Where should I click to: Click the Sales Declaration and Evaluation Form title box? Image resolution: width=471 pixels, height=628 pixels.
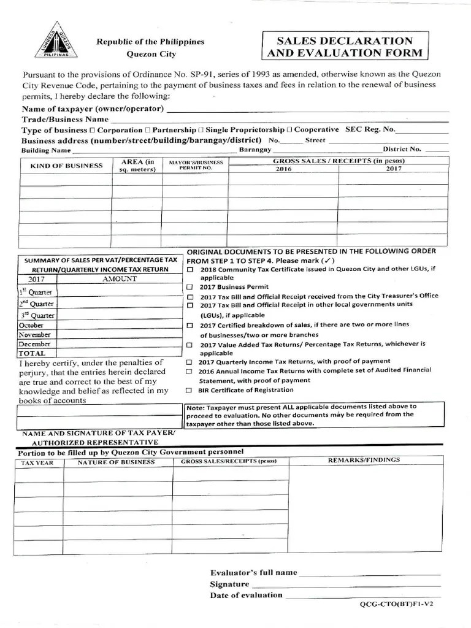pyautogui.click(x=347, y=47)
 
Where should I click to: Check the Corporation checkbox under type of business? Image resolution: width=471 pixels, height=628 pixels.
pyautogui.click(x=93, y=130)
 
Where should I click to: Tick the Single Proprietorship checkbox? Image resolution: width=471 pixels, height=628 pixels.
pyautogui.click(x=201, y=130)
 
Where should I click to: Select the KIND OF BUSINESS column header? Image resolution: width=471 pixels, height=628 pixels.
pyautogui.click(x=66, y=166)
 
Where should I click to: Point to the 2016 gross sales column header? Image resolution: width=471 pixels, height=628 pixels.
pyautogui.click(x=283, y=169)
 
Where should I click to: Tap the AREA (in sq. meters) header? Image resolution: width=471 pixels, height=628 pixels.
pyautogui.click(x=137, y=166)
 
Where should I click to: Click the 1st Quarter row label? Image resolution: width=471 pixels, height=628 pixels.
pyautogui.click(x=36, y=293)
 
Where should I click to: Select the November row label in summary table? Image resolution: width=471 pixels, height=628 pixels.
pyautogui.click(x=35, y=334)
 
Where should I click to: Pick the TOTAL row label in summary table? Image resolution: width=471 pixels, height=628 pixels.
pyautogui.click(x=32, y=353)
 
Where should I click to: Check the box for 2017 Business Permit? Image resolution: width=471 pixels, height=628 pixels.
pyautogui.click(x=190, y=287)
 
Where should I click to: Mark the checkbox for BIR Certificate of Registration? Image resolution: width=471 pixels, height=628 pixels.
pyautogui.click(x=190, y=390)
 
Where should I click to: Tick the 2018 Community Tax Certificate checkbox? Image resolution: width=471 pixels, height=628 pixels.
pyautogui.click(x=190, y=269)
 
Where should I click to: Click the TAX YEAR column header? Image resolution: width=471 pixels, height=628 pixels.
pyautogui.click(x=37, y=462)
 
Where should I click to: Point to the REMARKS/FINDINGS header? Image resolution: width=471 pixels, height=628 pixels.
pyautogui.click(x=364, y=459)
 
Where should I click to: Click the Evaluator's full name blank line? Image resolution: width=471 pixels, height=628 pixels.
pyautogui.click(x=369, y=573)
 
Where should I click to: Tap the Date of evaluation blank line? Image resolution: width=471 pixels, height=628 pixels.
pyautogui.click(x=363, y=595)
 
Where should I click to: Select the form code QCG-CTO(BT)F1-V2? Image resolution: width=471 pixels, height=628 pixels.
pyautogui.click(x=399, y=604)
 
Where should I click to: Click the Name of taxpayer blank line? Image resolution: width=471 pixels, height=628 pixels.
pyautogui.click(x=307, y=110)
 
